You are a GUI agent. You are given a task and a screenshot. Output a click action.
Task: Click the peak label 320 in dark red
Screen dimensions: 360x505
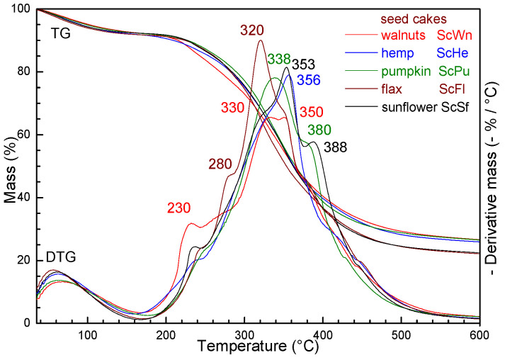click(253, 30)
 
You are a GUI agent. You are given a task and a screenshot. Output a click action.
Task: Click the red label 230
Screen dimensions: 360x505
click(181, 208)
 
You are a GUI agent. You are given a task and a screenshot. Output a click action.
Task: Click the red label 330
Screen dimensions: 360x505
click(232, 108)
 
